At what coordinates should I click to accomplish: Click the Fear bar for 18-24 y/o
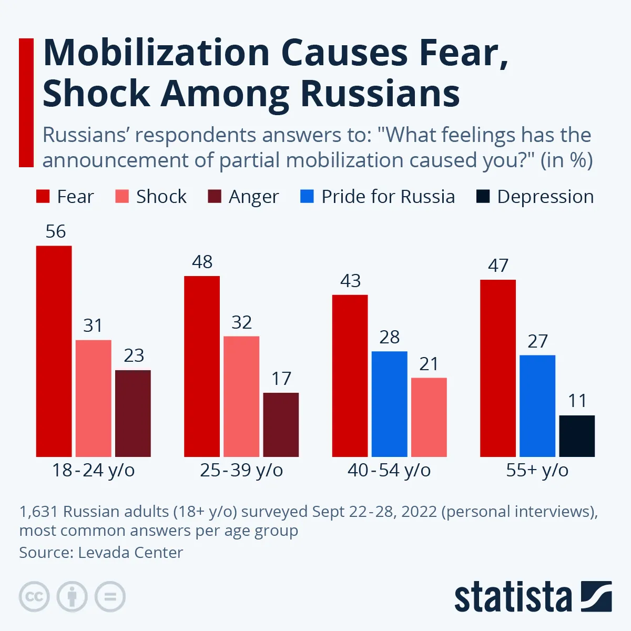tap(54, 351)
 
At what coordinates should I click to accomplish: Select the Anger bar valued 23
tap(133, 413)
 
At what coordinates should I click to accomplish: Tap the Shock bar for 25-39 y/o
tap(241, 396)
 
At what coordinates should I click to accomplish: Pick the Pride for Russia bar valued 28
tap(389, 404)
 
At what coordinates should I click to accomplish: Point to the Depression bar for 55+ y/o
tap(577, 436)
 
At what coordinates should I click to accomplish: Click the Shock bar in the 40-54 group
tap(429, 417)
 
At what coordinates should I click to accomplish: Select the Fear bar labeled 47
tap(498, 368)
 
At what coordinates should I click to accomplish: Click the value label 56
tap(56, 231)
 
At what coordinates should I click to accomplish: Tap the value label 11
tap(577, 401)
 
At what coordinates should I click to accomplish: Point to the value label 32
tap(242, 322)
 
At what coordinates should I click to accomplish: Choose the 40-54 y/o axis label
tap(389, 470)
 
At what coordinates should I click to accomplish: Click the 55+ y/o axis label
tap(537, 470)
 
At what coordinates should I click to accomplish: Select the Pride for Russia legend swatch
tap(307, 197)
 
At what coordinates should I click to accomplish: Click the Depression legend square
tap(483, 197)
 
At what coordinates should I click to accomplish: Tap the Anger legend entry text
tap(253, 197)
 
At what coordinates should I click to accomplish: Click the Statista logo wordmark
tap(513, 597)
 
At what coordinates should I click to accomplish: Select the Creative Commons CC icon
tap(34, 597)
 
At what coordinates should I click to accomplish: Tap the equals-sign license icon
tap(110, 597)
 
